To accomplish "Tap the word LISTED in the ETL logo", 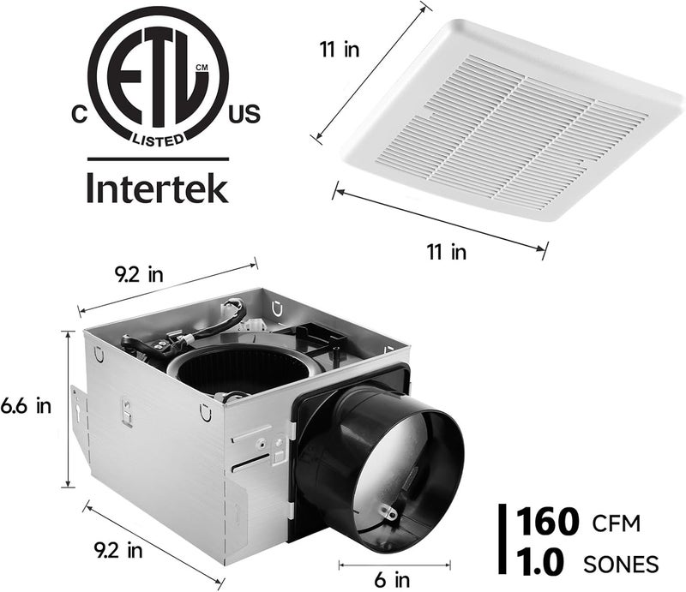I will pyautogui.click(x=157, y=137).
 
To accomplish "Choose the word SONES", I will pyautogui.click(x=621, y=564).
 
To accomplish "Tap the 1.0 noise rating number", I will pyautogui.click(x=541, y=562).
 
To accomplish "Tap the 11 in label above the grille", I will pyautogui.click(x=339, y=49).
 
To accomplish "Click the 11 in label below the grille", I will pyautogui.click(x=446, y=251).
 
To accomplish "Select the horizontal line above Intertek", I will pyautogui.click(x=158, y=158).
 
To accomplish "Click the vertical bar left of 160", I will pyautogui.click(x=502, y=541).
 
